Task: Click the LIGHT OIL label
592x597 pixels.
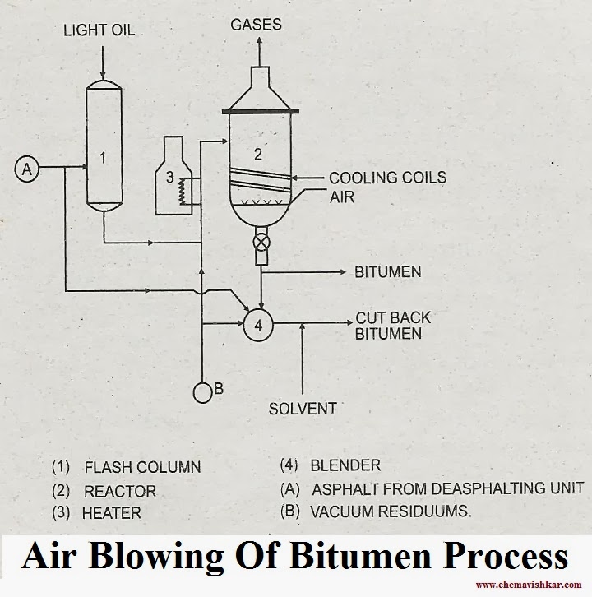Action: click(x=99, y=31)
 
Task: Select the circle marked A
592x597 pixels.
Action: click(x=26, y=169)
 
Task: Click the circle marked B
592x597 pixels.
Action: click(x=202, y=393)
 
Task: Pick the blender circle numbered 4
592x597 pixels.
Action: click(x=258, y=325)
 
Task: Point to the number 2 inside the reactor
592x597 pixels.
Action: click(x=257, y=154)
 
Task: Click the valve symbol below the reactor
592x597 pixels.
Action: click(x=261, y=242)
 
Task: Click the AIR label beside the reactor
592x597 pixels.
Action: click(x=342, y=197)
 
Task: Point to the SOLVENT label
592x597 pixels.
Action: click(x=303, y=408)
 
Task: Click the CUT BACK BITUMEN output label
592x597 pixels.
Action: click(x=392, y=326)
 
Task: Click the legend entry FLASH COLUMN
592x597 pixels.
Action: click(x=141, y=467)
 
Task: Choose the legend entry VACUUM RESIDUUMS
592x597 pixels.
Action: click(x=391, y=511)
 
